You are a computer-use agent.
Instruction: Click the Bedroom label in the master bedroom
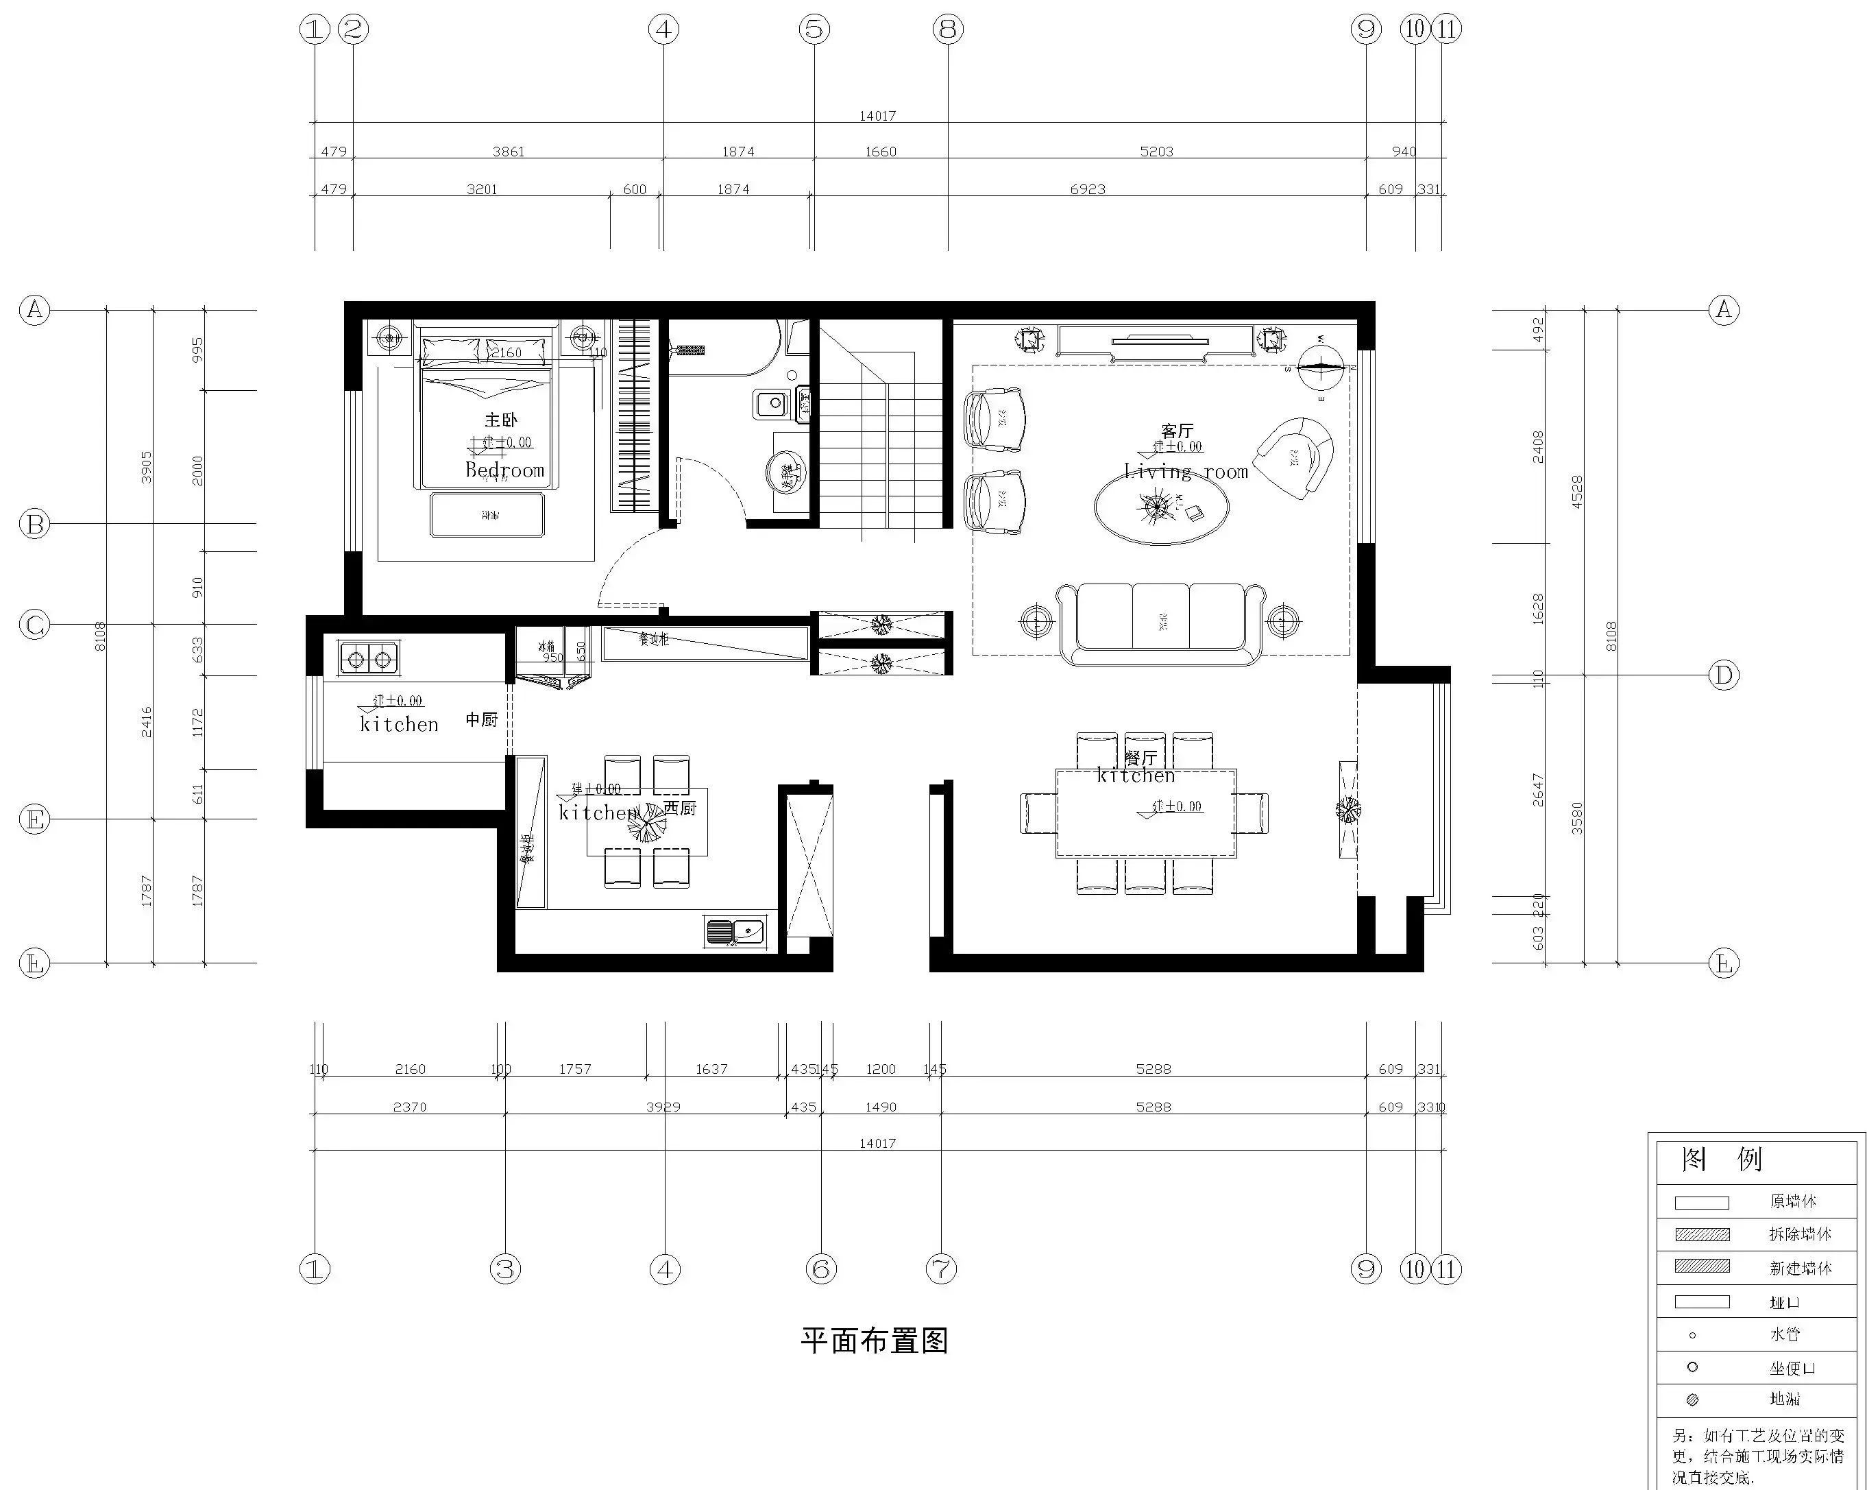coord(505,470)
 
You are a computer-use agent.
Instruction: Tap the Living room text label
coord(1186,472)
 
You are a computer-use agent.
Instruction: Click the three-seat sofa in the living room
coord(1160,623)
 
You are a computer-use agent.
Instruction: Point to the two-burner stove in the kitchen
coord(369,659)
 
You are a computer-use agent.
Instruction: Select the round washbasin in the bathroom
coord(786,472)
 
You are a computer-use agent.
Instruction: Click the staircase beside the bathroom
coord(881,433)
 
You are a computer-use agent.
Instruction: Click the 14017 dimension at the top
coord(877,115)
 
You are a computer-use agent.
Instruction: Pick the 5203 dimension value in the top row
coord(1156,152)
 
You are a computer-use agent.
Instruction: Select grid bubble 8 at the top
coord(948,30)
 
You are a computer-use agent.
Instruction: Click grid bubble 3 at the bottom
coord(505,1270)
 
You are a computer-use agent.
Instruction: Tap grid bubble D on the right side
coord(1723,675)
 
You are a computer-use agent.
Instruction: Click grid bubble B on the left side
coord(35,524)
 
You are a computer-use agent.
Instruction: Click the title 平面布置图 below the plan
coord(874,1341)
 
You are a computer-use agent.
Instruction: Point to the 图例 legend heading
coord(1722,1159)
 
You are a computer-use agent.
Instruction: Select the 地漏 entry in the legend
coord(1784,1399)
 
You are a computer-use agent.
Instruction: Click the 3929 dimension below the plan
coord(663,1107)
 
